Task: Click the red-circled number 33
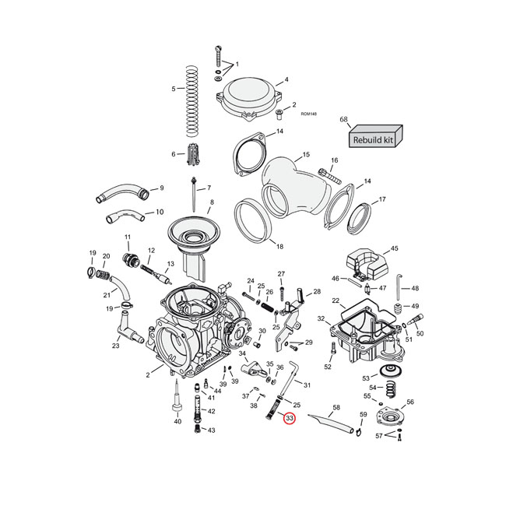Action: (290, 419)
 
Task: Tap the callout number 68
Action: (343, 119)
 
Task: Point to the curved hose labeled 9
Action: (121, 192)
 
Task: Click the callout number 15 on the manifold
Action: (306, 155)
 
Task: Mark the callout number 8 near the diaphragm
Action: (211, 202)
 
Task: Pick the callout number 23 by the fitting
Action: (115, 346)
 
